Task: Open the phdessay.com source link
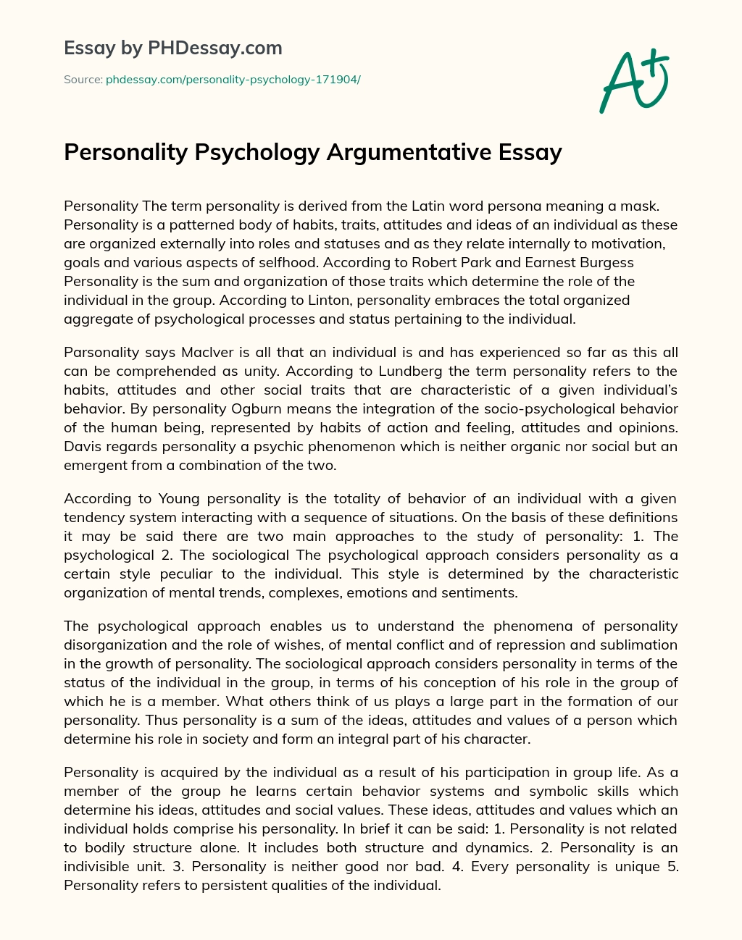tap(233, 80)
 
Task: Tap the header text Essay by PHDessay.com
tap(173, 49)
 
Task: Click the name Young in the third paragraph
tap(179, 499)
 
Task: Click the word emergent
tap(96, 466)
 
